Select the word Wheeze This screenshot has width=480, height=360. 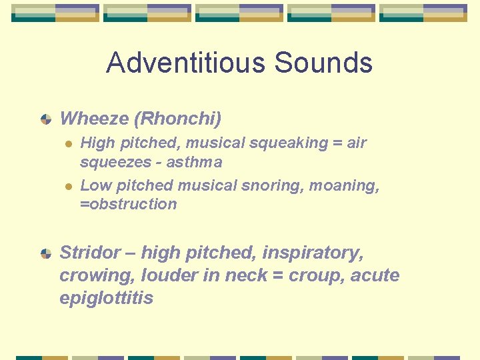pyautogui.click(x=94, y=119)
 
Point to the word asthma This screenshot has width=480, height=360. pyautogui.click(x=195, y=162)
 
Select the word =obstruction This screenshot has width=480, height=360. pyautogui.click(x=129, y=204)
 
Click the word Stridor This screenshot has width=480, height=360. pyautogui.click(x=89, y=253)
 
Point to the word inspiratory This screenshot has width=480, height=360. pyautogui.click(x=312, y=253)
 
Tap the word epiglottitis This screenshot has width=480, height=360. pyautogui.click(x=106, y=298)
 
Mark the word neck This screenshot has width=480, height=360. pyautogui.click(x=241, y=275)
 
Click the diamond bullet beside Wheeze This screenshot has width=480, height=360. pyautogui.click(x=46, y=119)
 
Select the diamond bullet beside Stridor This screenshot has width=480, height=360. pyautogui.click(x=46, y=253)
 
